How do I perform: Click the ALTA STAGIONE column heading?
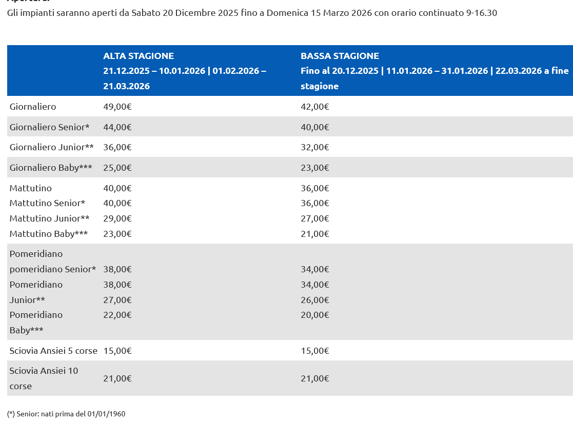(x=139, y=56)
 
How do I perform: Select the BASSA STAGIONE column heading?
(x=340, y=56)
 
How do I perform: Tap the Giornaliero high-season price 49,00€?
(x=117, y=107)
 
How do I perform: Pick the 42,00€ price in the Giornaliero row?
(x=314, y=107)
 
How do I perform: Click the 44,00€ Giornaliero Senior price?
(x=117, y=127)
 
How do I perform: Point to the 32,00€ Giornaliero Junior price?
(x=314, y=147)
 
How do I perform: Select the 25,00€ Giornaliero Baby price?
(x=117, y=168)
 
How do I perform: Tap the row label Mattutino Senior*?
(x=47, y=203)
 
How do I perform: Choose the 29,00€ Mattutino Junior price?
(x=117, y=218)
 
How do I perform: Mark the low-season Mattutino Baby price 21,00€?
(x=314, y=234)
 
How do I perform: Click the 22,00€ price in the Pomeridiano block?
(x=117, y=315)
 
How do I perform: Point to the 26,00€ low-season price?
(x=314, y=300)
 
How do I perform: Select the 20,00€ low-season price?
(x=314, y=315)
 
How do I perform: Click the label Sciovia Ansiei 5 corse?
(x=53, y=351)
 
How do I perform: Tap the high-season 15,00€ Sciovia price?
(x=117, y=351)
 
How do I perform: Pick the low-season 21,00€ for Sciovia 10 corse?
(x=314, y=378)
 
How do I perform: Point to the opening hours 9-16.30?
(x=481, y=13)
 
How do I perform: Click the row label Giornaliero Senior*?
(x=49, y=127)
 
